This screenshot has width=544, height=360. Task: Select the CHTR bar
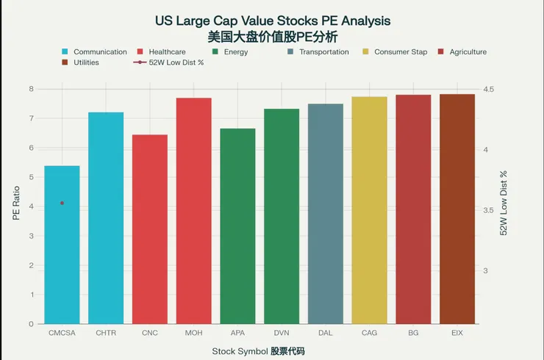(x=106, y=220)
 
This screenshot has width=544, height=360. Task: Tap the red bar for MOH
(x=193, y=213)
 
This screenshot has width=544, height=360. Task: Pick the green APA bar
(x=237, y=228)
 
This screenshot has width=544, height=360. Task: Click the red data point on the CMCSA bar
(x=62, y=203)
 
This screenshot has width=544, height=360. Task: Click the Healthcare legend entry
(x=166, y=52)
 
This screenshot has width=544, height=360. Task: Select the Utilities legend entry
(x=86, y=63)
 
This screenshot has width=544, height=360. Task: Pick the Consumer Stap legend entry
(x=400, y=52)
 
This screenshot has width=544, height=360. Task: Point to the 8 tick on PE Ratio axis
(x=31, y=89)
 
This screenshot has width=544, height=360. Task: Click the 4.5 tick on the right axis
(x=488, y=90)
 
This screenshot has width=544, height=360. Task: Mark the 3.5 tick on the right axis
(x=488, y=211)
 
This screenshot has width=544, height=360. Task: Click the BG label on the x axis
(x=413, y=333)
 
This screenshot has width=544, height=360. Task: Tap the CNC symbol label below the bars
(x=150, y=333)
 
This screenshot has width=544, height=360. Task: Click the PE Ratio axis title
(x=16, y=206)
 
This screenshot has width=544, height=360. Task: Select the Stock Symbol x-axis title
(x=258, y=351)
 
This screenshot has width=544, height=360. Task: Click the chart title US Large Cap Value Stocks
(x=273, y=20)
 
